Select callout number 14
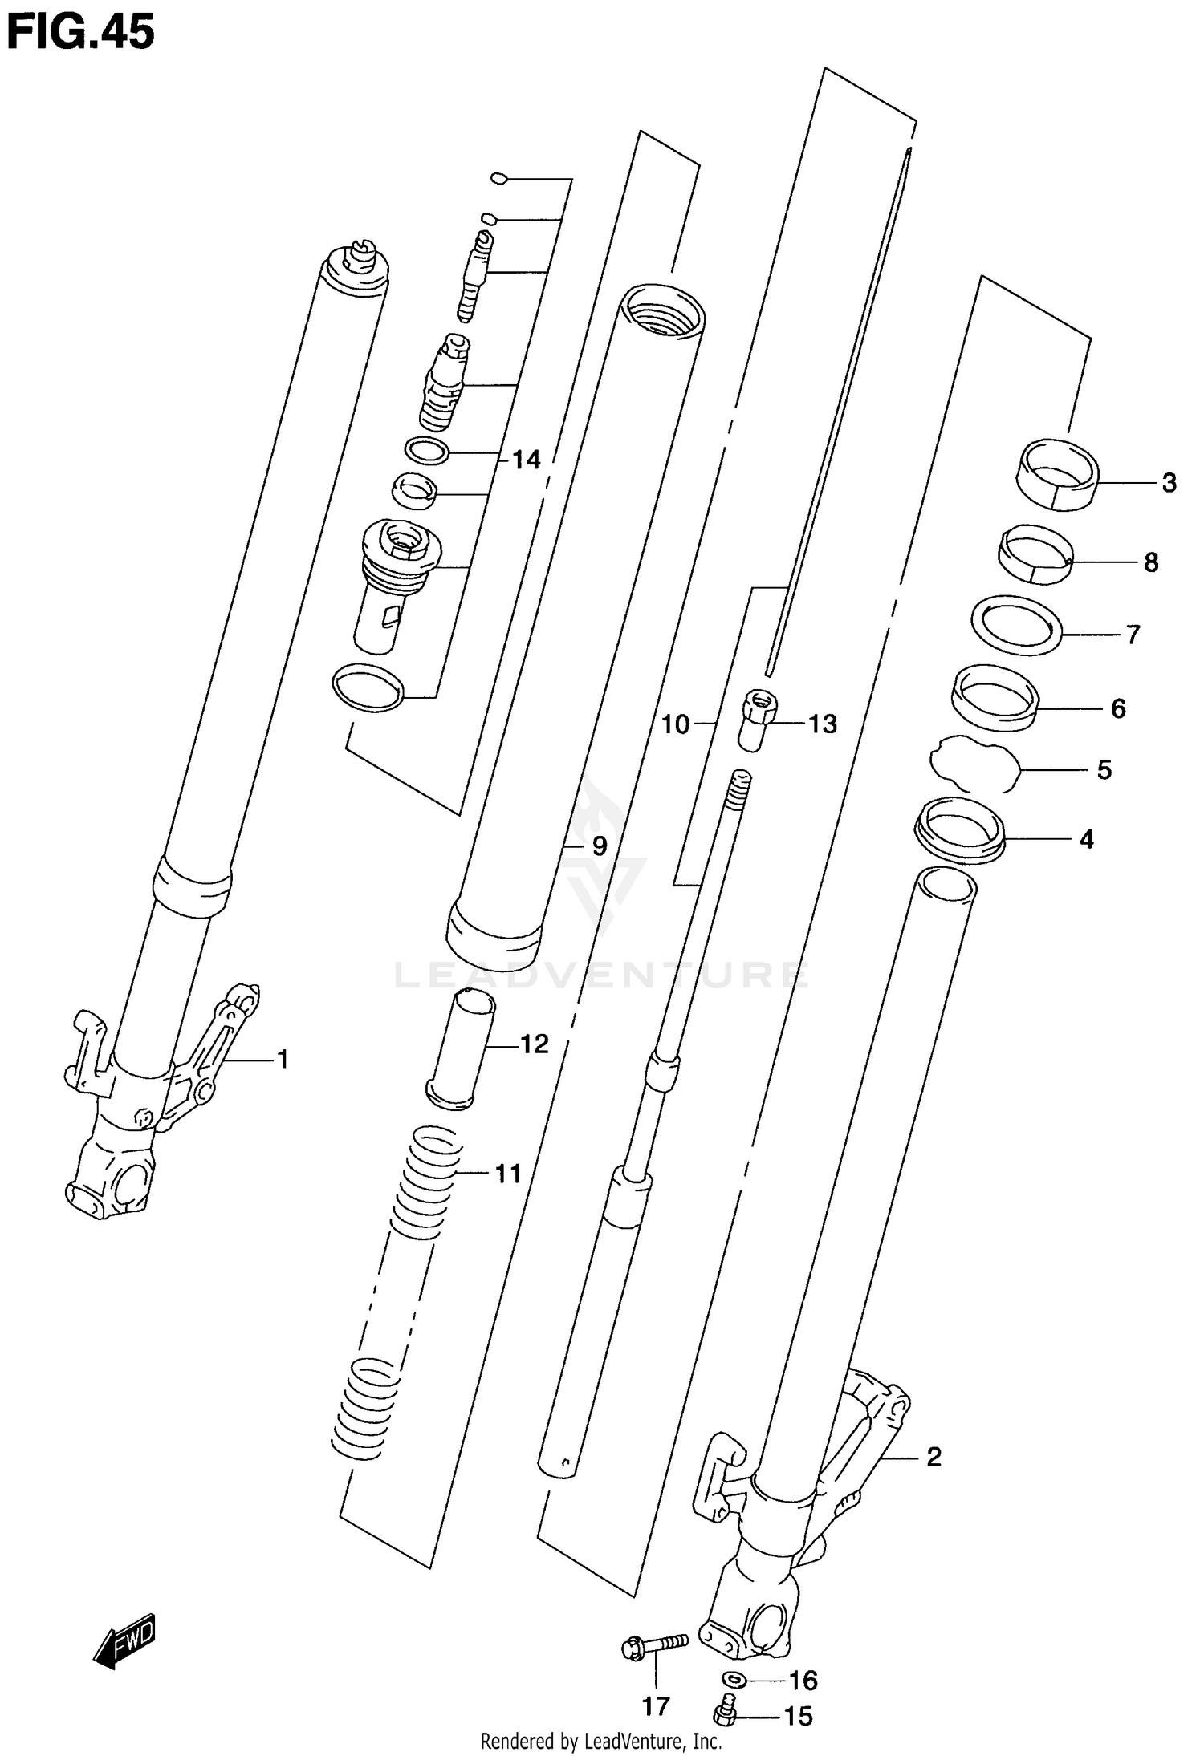[x=526, y=460]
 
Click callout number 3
[x=1169, y=483]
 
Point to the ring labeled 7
[x=1016, y=626]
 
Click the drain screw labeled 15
[x=726, y=1713]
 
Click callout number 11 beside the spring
[x=508, y=1174]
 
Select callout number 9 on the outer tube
[x=599, y=846]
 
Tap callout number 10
[x=675, y=724]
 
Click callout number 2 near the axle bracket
[x=933, y=1457]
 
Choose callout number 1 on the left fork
[x=282, y=1060]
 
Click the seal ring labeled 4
[x=960, y=830]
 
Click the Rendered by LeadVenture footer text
[x=600, y=1741]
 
